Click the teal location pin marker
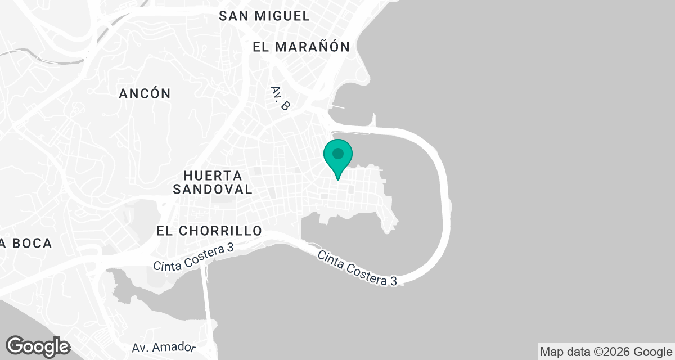click(338, 157)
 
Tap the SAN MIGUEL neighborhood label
click(264, 16)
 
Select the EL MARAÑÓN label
click(301, 47)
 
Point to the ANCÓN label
click(145, 94)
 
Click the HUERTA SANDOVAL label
click(213, 182)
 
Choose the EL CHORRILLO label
click(209, 231)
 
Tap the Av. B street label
click(280, 98)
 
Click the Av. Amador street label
click(164, 348)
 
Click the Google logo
click(38, 346)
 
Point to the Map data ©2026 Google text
click(605, 352)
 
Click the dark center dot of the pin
click(338, 153)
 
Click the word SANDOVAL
click(213, 190)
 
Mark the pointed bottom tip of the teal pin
click(338, 179)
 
